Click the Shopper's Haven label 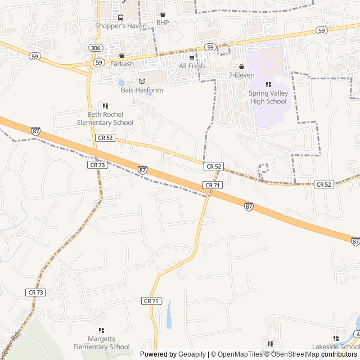pyautogui.click(x=120, y=26)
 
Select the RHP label pyautogui.click(x=163, y=22)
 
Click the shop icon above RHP pyautogui.click(x=163, y=15)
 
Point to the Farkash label pyautogui.click(x=122, y=64)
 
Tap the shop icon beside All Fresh pyautogui.click(x=192, y=57)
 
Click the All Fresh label pyautogui.click(x=192, y=66)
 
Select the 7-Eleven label pyautogui.click(x=241, y=75)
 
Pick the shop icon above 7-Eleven pyautogui.click(x=241, y=67)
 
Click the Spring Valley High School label pyautogui.click(x=268, y=97)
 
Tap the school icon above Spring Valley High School pyautogui.click(x=268, y=84)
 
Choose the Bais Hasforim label pyautogui.click(x=141, y=89)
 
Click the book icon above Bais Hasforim pyautogui.click(x=141, y=82)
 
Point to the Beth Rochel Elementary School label pyautogui.click(x=105, y=118)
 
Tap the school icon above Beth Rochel pyautogui.click(x=105, y=105)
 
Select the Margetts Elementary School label pyautogui.click(x=101, y=343)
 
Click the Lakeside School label pyautogui.click(x=336, y=347)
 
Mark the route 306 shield pyautogui.click(x=95, y=49)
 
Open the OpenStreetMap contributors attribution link pyautogui.click(x=322, y=354)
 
